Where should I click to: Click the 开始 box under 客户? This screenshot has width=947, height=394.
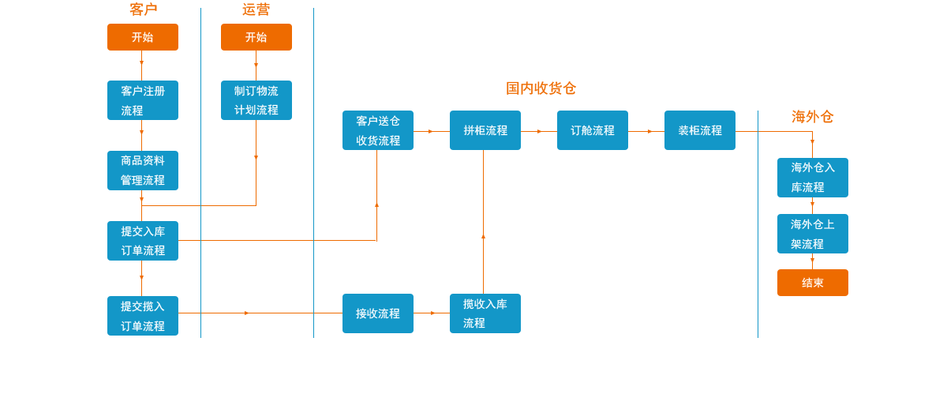click(x=143, y=37)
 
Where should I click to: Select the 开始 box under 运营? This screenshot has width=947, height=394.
click(x=256, y=37)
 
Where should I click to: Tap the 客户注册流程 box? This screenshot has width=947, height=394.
click(x=143, y=100)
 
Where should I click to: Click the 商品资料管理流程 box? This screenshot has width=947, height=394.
click(x=143, y=171)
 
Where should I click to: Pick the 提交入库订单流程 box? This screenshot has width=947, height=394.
click(x=143, y=241)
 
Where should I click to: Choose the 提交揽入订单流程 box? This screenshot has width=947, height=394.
click(x=143, y=316)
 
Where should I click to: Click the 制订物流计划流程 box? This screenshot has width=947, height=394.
click(x=256, y=100)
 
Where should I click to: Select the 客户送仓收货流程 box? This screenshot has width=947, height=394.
click(x=378, y=130)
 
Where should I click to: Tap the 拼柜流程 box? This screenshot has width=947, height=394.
click(x=485, y=130)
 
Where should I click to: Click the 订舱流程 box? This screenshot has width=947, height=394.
click(x=593, y=130)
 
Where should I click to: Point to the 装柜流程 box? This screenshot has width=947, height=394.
click(x=700, y=130)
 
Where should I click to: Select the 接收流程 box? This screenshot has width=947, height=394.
click(x=378, y=313)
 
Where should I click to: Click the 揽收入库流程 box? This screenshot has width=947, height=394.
click(x=485, y=313)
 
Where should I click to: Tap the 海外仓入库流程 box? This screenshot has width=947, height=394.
click(x=813, y=178)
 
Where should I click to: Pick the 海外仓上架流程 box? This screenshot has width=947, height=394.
click(x=813, y=234)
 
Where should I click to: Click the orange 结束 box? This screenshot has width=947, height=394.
click(x=813, y=283)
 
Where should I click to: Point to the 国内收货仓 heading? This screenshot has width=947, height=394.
click(x=541, y=88)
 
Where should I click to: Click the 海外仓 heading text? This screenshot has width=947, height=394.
click(x=813, y=117)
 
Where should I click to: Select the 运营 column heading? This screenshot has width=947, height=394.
click(x=256, y=9)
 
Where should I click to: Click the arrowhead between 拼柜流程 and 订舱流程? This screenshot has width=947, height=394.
click(x=540, y=132)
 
